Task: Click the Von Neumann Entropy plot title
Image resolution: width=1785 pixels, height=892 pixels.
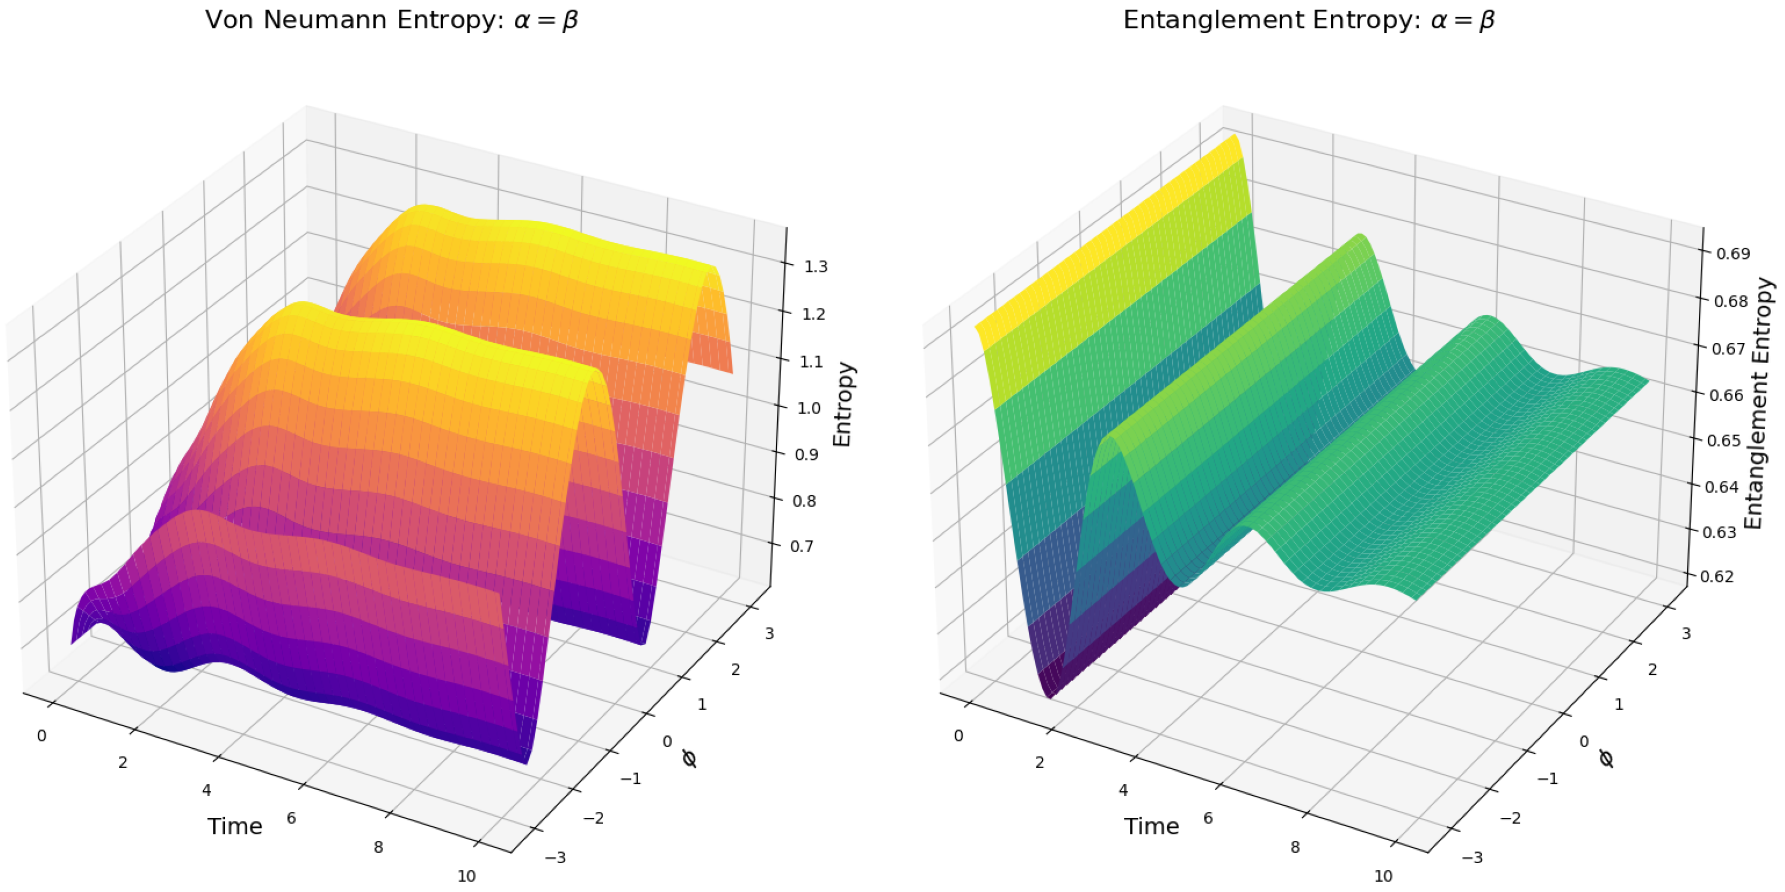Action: point(391,21)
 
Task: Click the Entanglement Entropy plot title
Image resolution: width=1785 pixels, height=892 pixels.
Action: point(1308,21)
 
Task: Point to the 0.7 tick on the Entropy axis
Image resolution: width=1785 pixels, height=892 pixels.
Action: point(802,546)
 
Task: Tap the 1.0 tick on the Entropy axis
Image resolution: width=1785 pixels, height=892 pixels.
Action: point(809,407)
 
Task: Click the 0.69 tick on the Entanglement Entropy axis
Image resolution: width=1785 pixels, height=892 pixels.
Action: point(1732,254)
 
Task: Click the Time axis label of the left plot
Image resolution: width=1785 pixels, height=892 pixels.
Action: point(235,826)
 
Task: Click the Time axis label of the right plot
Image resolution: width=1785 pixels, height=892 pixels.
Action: point(1151,826)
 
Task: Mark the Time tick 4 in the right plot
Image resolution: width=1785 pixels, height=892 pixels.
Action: point(1123,790)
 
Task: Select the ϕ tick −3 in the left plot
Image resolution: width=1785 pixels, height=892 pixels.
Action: point(555,858)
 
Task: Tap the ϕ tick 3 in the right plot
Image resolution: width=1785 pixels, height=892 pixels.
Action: point(1686,634)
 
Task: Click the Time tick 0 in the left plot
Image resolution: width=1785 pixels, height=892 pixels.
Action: point(42,736)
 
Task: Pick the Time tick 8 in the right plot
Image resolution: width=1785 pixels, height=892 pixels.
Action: point(1294,847)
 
